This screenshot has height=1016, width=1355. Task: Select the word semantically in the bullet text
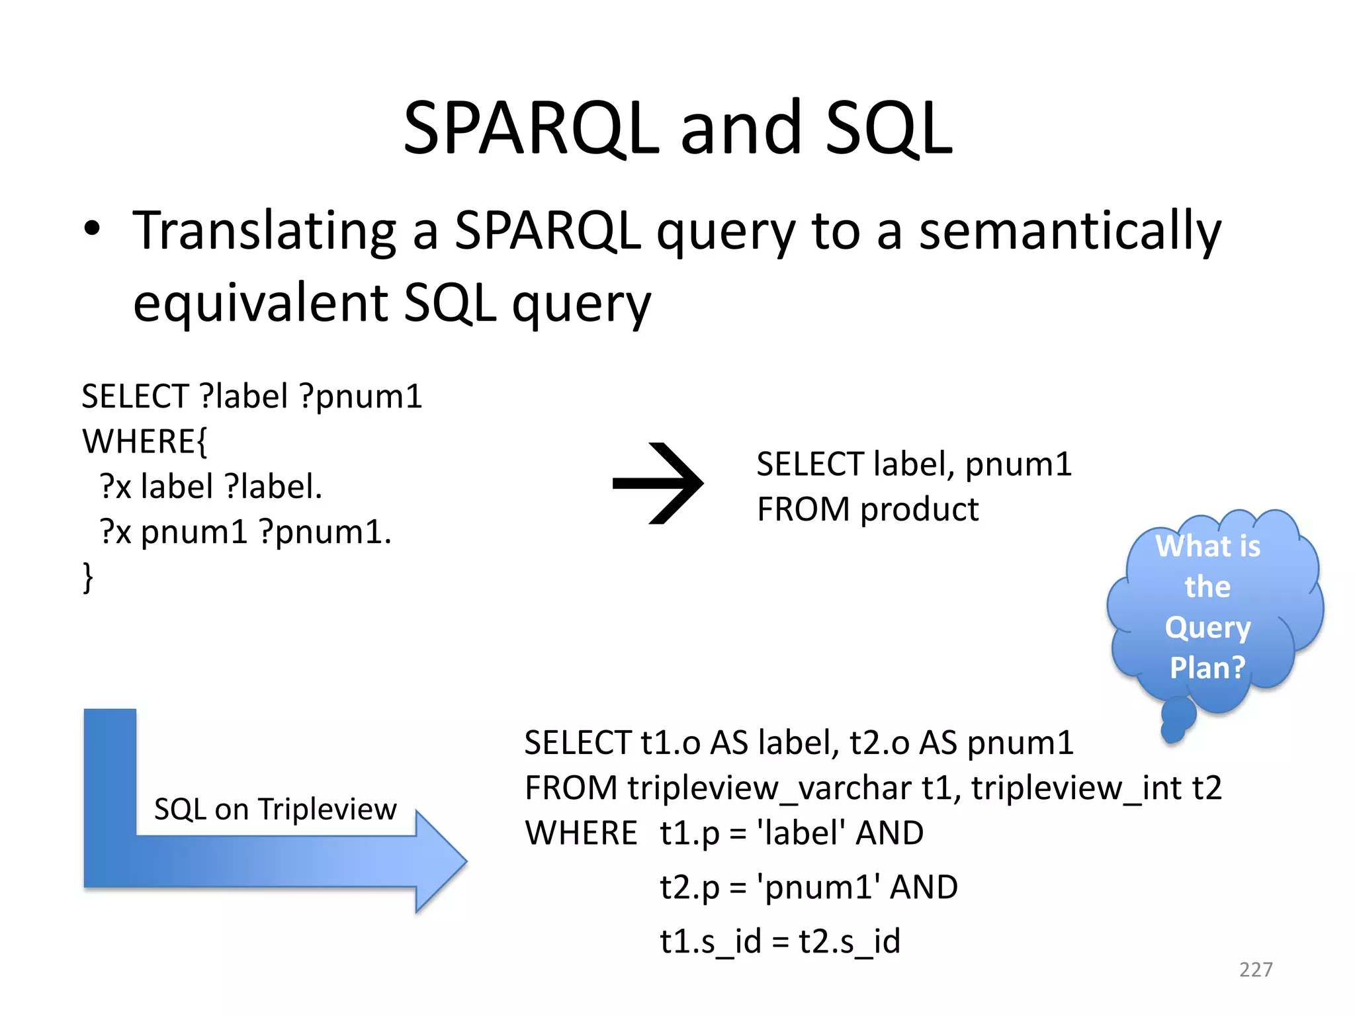tap(1069, 232)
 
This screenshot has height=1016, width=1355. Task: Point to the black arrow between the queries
tap(658, 484)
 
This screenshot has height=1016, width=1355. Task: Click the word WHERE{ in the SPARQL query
tap(144, 441)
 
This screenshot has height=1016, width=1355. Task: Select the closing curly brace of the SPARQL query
tap(87, 577)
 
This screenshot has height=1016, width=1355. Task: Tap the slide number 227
tap(1255, 970)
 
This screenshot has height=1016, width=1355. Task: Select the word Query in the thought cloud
tap(1207, 627)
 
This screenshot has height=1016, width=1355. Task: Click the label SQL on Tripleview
tap(275, 809)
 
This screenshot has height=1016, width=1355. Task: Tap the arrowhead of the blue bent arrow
tap(442, 862)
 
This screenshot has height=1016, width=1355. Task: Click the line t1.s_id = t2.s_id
tap(780, 941)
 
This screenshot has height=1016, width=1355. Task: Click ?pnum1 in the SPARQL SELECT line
tap(361, 397)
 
